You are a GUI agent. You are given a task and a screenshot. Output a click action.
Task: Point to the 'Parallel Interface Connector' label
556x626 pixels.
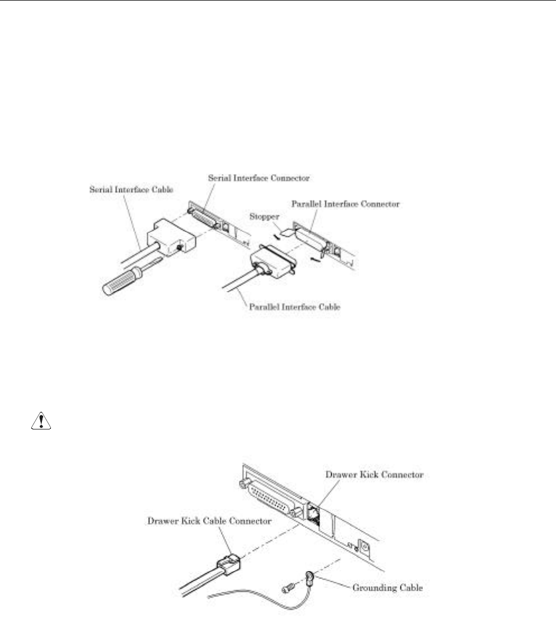coord(345,204)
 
